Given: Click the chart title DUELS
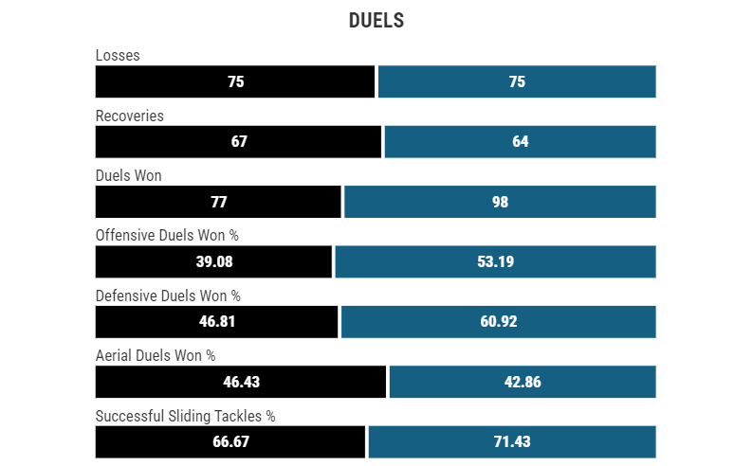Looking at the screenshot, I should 376,21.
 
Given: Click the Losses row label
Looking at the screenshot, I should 118,56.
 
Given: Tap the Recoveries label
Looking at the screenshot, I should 130,116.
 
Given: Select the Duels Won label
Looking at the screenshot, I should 129,175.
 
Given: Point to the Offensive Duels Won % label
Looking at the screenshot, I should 167,236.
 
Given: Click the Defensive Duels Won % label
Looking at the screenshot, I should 168,296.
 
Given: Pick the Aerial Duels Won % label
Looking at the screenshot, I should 156,355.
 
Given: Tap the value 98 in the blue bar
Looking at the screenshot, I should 500,202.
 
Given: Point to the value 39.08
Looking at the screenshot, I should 214,261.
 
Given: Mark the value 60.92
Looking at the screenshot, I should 498,321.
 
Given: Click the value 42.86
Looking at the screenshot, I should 523,382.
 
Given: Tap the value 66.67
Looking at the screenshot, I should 230,441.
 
